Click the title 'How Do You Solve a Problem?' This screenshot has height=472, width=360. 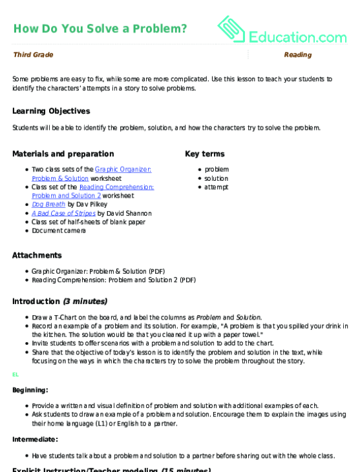click(x=100, y=28)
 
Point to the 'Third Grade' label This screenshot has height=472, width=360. click(x=33, y=55)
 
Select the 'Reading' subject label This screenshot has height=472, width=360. click(x=297, y=55)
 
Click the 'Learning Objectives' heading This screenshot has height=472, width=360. click(x=51, y=111)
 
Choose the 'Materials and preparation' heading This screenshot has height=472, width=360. click(x=63, y=154)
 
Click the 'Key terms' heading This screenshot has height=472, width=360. click(x=205, y=154)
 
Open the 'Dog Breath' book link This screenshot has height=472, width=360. click(x=48, y=204)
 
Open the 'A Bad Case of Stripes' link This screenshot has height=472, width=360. click(x=63, y=213)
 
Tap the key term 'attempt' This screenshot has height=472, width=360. click(x=217, y=187)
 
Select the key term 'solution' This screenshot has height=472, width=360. click(x=217, y=178)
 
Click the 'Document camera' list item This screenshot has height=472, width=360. click(x=58, y=231)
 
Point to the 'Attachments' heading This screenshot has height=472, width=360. click(x=37, y=255)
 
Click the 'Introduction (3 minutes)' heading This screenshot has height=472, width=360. click(x=59, y=301)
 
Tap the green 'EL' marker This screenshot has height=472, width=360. click(x=16, y=375)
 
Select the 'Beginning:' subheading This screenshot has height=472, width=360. click(x=30, y=390)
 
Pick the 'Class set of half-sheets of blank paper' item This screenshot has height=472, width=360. click(x=88, y=221)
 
